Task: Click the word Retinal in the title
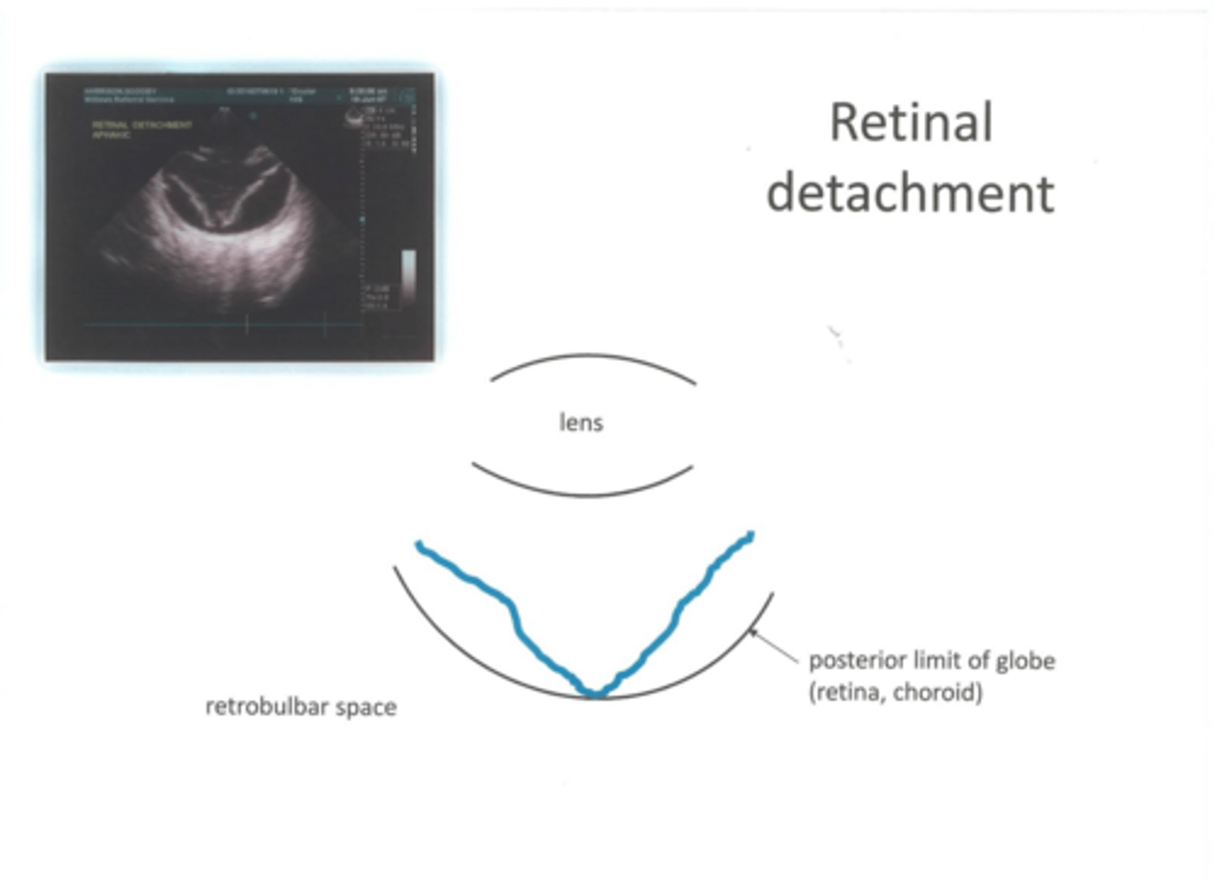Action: (910, 123)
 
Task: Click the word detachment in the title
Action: (910, 193)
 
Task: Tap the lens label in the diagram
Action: (581, 422)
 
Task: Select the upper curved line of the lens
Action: (592, 357)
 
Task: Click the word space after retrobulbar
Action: (366, 708)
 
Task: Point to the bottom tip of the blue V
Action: (595, 694)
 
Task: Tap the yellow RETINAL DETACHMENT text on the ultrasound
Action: (142, 124)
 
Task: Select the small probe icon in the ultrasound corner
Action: (355, 118)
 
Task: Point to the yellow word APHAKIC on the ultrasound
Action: (111, 134)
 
